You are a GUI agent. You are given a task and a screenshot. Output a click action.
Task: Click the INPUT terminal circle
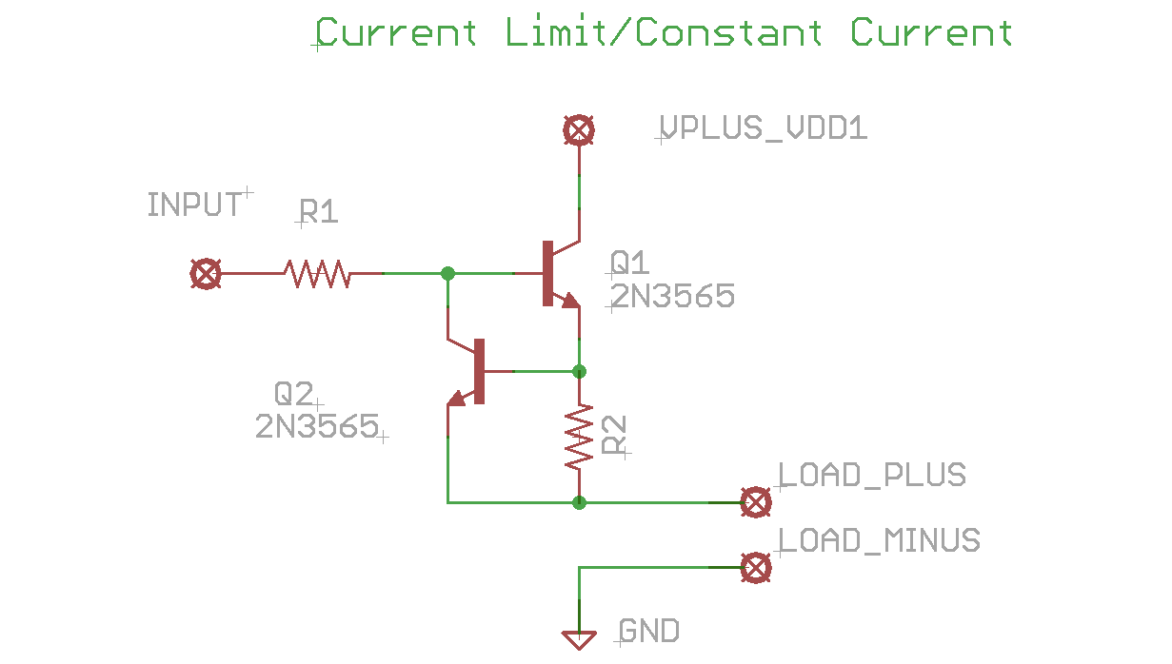[x=206, y=274]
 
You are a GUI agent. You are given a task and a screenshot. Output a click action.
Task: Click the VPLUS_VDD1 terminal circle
[x=579, y=130]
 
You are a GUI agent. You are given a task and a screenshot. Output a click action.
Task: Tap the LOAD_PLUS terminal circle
[x=756, y=501]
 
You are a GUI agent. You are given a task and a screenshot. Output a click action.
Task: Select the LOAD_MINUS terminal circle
[x=756, y=568]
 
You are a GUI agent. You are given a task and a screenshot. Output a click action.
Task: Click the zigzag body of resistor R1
[x=317, y=274]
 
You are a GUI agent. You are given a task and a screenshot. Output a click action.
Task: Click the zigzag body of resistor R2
[x=579, y=438]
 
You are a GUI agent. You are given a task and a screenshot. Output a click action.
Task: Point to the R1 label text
[x=318, y=211]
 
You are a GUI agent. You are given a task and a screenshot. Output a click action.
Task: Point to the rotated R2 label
[x=614, y=435]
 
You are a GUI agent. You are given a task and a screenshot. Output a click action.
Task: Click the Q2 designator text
[x=294, y=393]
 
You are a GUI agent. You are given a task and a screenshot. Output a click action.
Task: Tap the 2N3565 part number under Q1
[x=672, y=297]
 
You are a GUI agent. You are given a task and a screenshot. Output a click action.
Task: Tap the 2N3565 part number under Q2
[x=317, y=426]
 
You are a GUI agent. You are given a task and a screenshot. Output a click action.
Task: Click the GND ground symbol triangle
[x=579, y=639]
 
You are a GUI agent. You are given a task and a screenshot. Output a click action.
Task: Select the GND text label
[x=649, y=631]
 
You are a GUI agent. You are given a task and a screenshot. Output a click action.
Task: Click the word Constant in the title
[x=728, y=33]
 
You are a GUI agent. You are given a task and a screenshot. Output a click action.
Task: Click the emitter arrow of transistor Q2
[x=458, y=399]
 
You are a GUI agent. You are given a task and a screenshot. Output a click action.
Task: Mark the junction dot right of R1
[x=447, y=274]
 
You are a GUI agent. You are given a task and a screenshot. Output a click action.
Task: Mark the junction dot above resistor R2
[x=579, y=370]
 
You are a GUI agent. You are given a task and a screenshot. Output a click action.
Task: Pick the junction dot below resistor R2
[x=579, y=501]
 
